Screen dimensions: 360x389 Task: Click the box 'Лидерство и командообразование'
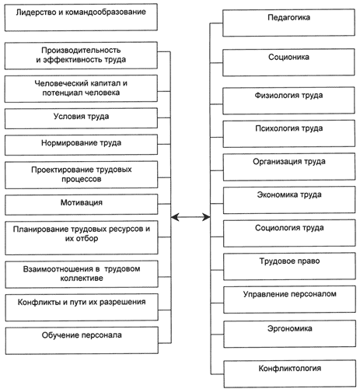pos(81,17)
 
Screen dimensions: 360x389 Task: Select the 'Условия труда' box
pos(81,118)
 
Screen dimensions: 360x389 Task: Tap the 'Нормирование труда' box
pos(81,145)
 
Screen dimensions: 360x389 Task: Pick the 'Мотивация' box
pos(82,205)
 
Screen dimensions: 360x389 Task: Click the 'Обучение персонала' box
pos(82,341)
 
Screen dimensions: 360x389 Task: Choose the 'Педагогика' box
pos(288,23)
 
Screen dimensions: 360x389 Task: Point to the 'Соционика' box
pos(288,62)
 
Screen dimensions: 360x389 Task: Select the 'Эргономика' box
pos(290,334)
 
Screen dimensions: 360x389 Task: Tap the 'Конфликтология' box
pos(290,373)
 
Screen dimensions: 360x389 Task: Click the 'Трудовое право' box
pos(289,266)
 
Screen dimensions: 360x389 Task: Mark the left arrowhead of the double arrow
pos(173,217)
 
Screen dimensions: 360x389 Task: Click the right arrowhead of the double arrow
pos(207,217)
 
